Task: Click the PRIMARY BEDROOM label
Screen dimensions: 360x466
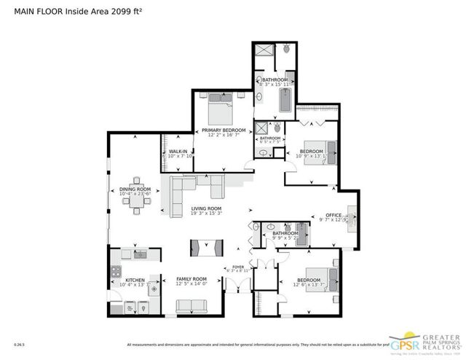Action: [x=221, y=130]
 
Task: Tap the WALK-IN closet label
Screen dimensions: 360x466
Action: [x=178, y=151]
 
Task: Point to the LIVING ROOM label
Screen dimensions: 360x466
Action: [x=206, y=208]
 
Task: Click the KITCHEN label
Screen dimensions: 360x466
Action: [x=135, y=280]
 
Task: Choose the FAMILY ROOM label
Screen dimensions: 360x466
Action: [x=191, y=279]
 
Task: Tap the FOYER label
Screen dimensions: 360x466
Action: [x=237, y=267]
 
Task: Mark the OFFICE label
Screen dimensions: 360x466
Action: [x=333, y=216]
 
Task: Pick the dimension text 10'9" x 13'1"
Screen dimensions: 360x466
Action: [x=312, y=155]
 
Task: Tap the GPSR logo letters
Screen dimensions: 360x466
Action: [x=405, y=341]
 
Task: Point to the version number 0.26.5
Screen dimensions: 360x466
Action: [x=18, y=344]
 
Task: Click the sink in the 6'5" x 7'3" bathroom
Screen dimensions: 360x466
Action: [x=262, y=152]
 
